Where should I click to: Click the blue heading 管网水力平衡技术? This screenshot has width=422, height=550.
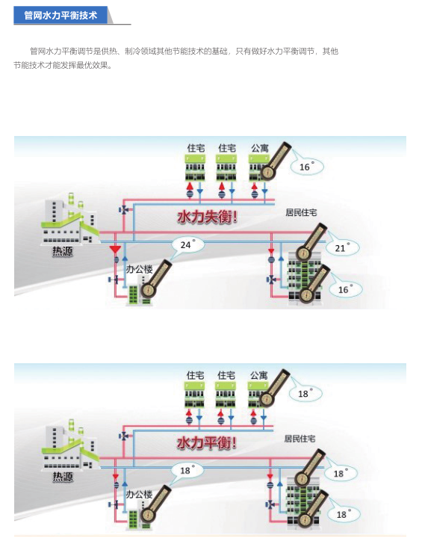click(x=60, y=16)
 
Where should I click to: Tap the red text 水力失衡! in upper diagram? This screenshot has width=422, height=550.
click(x=208, y=217)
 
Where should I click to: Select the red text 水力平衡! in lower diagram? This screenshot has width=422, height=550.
click(x=207, y=443)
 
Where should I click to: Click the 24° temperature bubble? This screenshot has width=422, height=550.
click(x=188, y=244)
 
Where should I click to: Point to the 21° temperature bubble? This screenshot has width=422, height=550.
click(x=342, y=248)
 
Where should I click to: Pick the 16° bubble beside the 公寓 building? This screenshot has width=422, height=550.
click(x=307, y=167)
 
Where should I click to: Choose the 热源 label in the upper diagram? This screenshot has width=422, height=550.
click(x=63, y=251)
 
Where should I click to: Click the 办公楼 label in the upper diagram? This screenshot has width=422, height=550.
click(x=140, y=269)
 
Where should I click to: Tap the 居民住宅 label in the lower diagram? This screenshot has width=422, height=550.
click(x=300, y=439)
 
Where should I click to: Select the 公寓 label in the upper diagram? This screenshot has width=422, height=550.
click(x=260, y=148)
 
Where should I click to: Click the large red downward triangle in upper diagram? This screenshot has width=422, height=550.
click(x=115, y=250)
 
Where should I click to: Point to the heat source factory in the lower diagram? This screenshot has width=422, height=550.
click(x=70, y=445)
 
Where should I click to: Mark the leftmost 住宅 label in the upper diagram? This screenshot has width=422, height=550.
click(x=196, y=148)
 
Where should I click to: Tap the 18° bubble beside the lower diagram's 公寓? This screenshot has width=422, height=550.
click(x=305, y=393)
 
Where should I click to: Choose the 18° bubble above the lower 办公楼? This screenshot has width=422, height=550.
click(x=187, y=470)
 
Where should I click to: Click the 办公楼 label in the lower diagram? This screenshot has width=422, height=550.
click(x=140, y=494)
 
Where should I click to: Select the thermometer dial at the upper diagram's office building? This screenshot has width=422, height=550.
click(x=148, y=291)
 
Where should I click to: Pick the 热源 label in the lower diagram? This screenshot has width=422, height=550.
click(x=63, y=477)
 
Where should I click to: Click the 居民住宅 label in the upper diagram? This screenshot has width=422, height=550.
click(x=301, y=212)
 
